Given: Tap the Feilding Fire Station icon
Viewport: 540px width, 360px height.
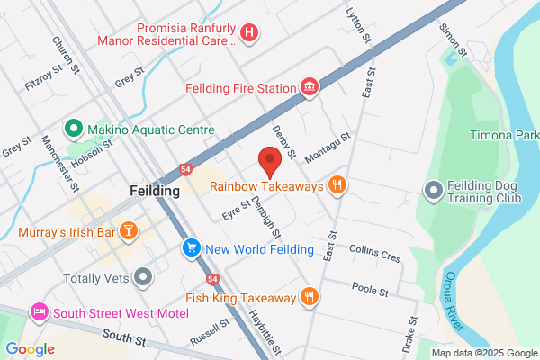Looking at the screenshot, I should pyautogui.click(x=310, y=87).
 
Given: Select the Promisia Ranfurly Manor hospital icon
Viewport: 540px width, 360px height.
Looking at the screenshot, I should pyautogui.click(x=249, y=33).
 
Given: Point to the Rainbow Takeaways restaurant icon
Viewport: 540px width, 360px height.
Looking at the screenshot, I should pyautogui.click(x=337, y=186).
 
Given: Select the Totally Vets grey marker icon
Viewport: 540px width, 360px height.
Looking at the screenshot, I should pyautogui.click(x=141, y=276).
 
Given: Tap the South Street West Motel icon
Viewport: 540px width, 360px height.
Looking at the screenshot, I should pyautogui.click(x=39, y=312).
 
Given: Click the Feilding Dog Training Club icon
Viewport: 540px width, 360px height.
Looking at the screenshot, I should pyautogui.click(x=434, y=190).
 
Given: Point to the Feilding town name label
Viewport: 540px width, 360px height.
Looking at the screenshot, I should pyautogui.click(x=155, y=192).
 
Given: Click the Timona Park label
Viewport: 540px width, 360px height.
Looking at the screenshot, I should pyautogui.click(x=504, y=136).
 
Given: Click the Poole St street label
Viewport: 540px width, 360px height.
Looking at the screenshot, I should pyautogui.click(x=370, y=291).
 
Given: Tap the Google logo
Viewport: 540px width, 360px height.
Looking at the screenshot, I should pyautogui.click(x=30, y=349).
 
